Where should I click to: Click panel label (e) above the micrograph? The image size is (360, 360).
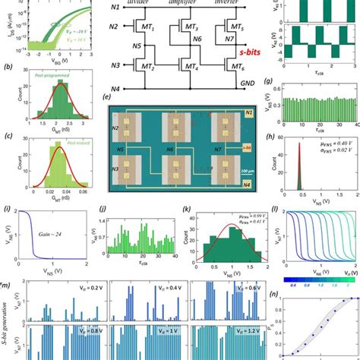coord(113,97)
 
